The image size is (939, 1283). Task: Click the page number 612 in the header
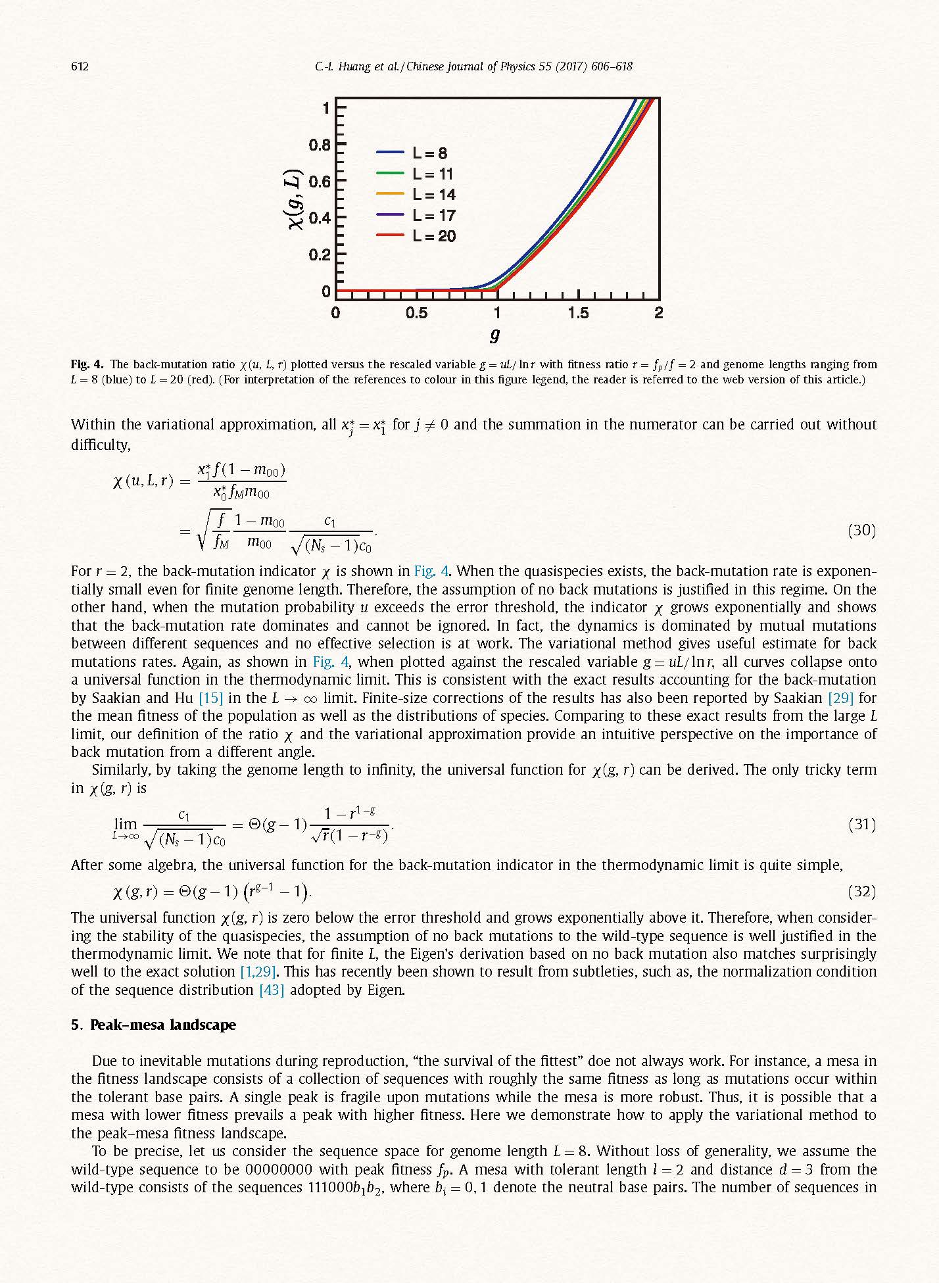click(x=80, y=66)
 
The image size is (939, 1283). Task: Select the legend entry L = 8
click(x=429, y=153)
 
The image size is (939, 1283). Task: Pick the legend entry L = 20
click(x=433, y=236)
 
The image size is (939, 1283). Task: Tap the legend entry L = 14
click(x=433, y=195)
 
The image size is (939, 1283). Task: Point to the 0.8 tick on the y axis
click(x=320, y=144)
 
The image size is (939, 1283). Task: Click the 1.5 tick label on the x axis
click(x=578, y=314)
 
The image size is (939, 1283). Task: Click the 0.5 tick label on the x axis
click(x=416, y=314)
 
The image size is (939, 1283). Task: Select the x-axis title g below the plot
click(x=495, y=335)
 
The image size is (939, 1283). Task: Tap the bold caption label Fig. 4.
click(x=87, y=364)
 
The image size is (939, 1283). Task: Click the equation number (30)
click(x=861, y=530)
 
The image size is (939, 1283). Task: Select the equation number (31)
click(x=861, y=824)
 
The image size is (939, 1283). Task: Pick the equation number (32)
click(x=861, y=891)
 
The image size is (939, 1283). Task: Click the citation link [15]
click(x=210, y=698)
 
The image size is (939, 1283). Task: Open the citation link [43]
click(x=272, y=990)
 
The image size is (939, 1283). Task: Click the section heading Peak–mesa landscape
click(x=162, y=1025)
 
